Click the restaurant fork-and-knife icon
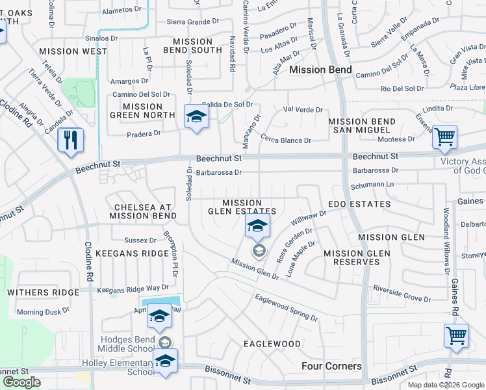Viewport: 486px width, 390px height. click(71, 140)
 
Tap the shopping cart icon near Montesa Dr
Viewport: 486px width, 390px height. click(445, 137)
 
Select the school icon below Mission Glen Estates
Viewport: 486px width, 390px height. click(258, 227)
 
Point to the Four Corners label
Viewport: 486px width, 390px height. click(331, 366)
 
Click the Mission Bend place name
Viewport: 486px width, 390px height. click(320, 70)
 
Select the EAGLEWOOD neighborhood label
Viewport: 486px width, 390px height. click(272, 343)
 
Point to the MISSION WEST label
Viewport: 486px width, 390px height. click(73, 51)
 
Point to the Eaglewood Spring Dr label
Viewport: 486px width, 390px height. click(286, 307)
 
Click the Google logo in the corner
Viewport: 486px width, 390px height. click(21, 382)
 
